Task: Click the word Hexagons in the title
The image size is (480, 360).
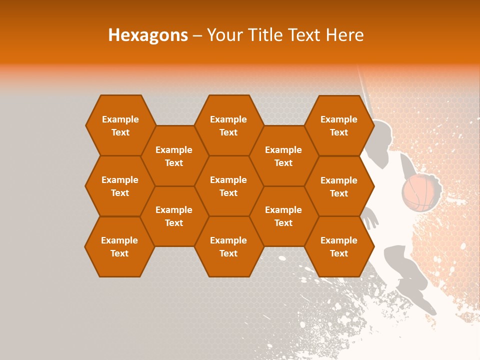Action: pos(148,35)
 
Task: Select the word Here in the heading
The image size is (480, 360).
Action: pos(344,35)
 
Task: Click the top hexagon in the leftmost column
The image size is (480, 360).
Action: pos(120,125)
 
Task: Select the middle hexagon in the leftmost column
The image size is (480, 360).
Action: pos(120,186)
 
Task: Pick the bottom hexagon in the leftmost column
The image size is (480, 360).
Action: pos(119,246)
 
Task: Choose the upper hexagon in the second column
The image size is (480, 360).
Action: pos(174,156)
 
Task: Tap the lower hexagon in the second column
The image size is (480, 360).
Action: pos(174,216)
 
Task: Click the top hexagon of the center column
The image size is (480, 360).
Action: pos(228,125)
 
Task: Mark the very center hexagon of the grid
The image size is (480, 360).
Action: pos(228,186)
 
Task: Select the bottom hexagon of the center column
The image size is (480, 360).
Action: pos(228,246)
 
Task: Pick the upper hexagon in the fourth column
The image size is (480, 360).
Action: pos(283,156)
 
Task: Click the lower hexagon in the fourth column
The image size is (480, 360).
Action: pos(283,216)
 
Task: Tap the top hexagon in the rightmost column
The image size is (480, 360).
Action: pos(339,125)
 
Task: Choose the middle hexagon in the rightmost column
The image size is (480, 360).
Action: pos(339,186)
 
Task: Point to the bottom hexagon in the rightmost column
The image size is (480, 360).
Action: pos(339,246)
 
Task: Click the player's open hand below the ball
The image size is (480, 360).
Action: pos(370,218)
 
